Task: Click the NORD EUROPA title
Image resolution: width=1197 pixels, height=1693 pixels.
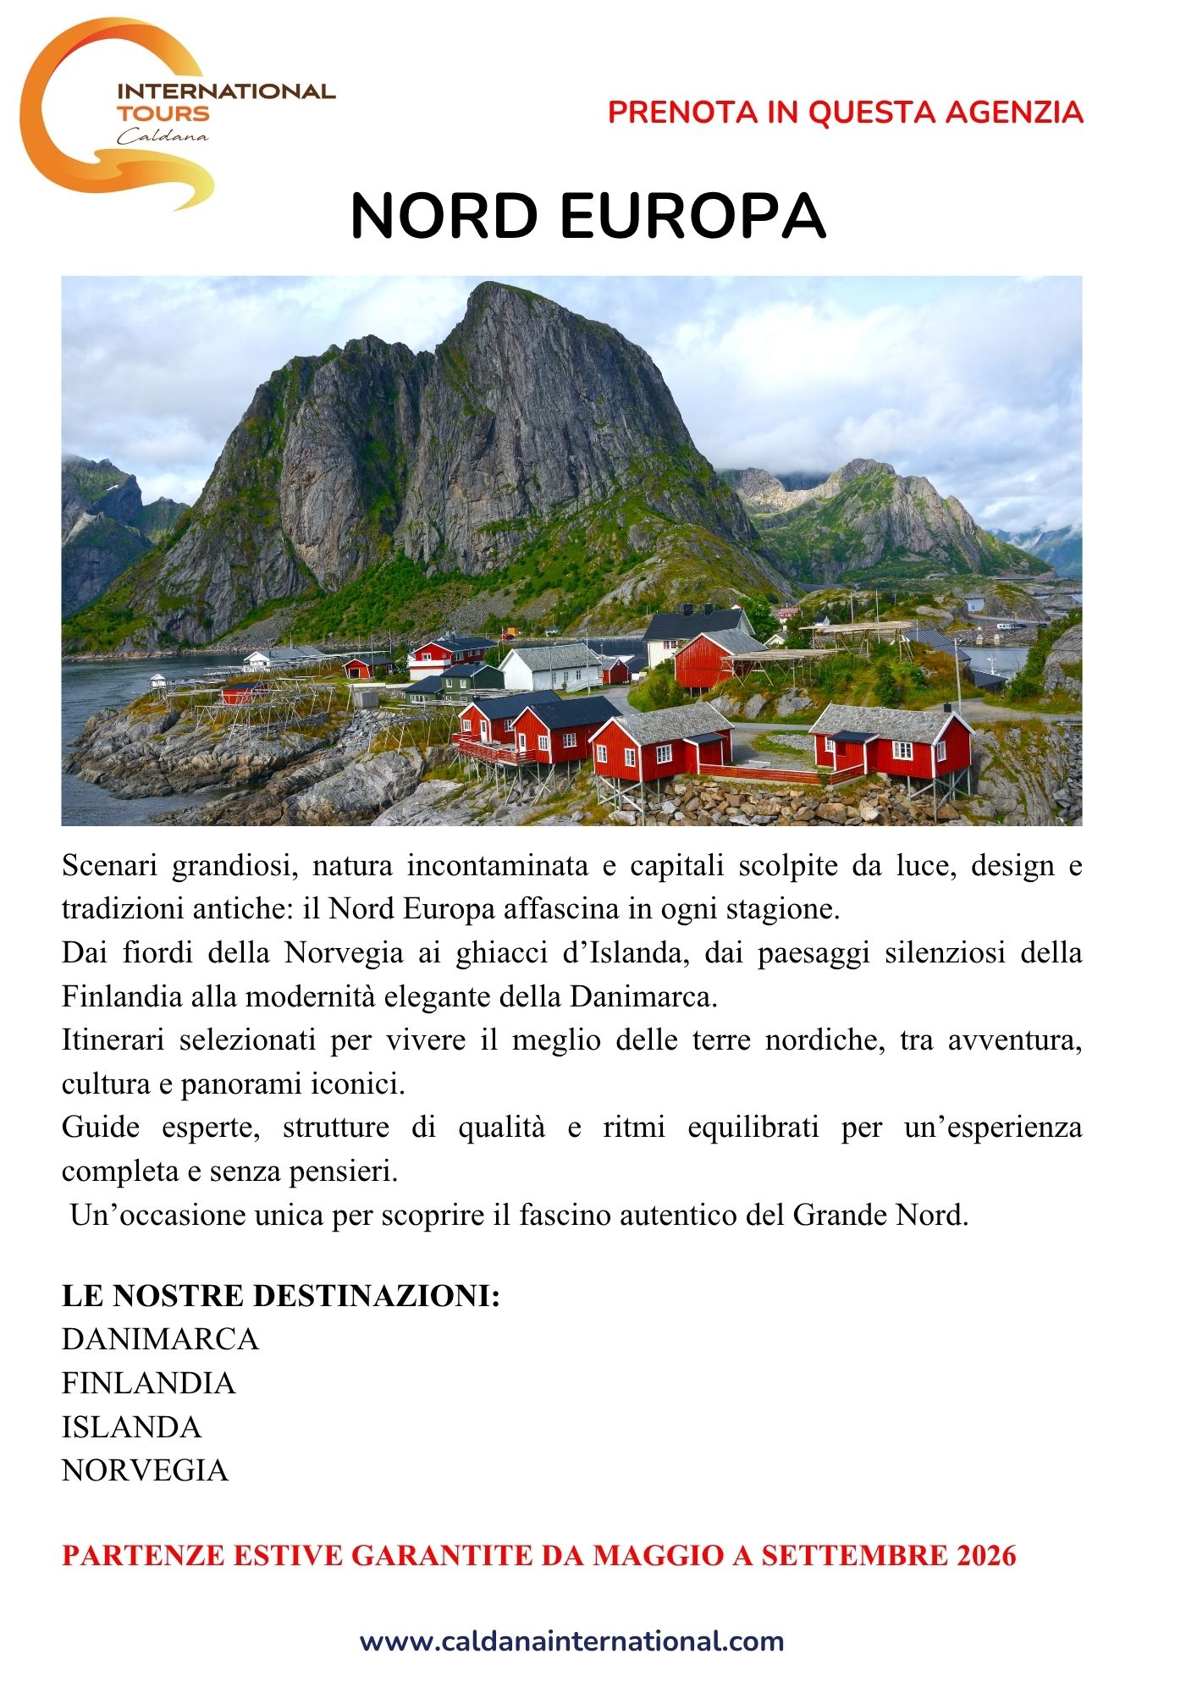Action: click(x=587, y=216)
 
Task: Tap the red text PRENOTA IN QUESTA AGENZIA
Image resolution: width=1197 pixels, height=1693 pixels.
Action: click(x=845, y=113)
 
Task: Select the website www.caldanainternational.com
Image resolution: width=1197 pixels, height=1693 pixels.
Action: click(x=571, y=1641)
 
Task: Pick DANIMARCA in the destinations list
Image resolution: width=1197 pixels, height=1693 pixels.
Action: click(x=160, y=1339)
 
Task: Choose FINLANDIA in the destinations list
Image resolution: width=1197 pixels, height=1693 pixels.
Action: click(x=148, y=1383)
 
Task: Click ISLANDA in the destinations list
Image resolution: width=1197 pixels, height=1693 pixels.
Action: click(x=131, y=1427)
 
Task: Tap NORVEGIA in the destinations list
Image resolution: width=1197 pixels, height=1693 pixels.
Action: click(x=145, y=1470)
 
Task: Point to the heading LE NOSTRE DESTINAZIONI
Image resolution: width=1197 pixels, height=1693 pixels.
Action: click(x=280, y=1295)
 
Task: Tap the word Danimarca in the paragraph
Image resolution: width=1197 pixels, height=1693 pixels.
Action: click(x=643, y=997)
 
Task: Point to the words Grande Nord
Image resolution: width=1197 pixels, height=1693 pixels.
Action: click(x=880, y=1216)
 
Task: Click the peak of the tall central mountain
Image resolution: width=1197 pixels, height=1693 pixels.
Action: click(x=498, y=288)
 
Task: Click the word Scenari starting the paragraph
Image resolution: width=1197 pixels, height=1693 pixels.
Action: click(x=109, y=866)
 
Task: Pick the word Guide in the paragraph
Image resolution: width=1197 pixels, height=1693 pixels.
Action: click(x=101, y=1128)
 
